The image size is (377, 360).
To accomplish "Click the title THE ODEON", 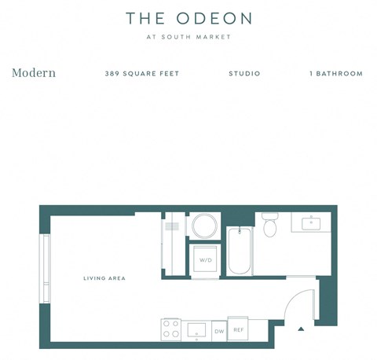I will pyautogui.click(x=188, y=17).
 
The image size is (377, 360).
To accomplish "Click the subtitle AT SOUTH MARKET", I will pyautogui.click(x=188, y=37).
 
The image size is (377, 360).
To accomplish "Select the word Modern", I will pyautogui.click(x=34, y=73).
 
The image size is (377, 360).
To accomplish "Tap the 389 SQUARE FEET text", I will pyautogui.click(x=142, y=74).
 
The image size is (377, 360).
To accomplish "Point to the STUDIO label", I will pyautogui.click(x=244, y=74).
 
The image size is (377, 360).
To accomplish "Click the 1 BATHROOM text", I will pyautogui.click(x=336, y=74).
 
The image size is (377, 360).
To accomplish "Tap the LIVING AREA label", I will pyautogui.click(x=104, y=278).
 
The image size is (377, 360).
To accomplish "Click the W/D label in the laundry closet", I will pyautogui.click(x=205, y=259).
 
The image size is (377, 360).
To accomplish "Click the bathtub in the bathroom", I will pyautogui.click(x=239, y=250).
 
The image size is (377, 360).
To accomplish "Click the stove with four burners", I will pyautogui.click(x=171, y=329).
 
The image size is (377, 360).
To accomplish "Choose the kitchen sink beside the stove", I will pyautogui.click(x=196, y=329).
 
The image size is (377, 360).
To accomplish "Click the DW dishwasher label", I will pyautogui.click(x=219, y=332).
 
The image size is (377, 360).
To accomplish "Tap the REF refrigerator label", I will pyautogui.click(x=239, y=331).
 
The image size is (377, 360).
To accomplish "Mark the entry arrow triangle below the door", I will pyautogui.click(x=301, y=329).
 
